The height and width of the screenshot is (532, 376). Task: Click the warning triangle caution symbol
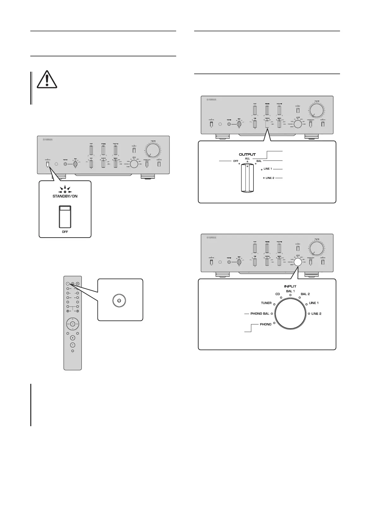tap(47, 79)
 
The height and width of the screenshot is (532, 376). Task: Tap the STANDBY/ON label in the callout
tap(65, 196)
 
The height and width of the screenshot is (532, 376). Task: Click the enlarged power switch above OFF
tap(65, 217)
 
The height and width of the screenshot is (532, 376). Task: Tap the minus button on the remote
tap(72, 345)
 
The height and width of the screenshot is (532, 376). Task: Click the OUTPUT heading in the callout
tap(247, 154)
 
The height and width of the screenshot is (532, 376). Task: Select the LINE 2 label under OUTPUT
tap(270, 178)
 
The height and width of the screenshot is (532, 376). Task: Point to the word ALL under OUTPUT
tap(248, 159)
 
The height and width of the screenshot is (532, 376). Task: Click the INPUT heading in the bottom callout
tap(290, 287)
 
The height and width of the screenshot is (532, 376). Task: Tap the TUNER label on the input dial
tap(266, 303)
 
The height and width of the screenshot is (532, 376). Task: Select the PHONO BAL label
tap(260, 314)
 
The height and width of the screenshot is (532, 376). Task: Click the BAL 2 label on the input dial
tap(305, 294)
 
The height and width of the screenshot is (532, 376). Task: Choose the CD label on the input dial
tap(278, 294)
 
